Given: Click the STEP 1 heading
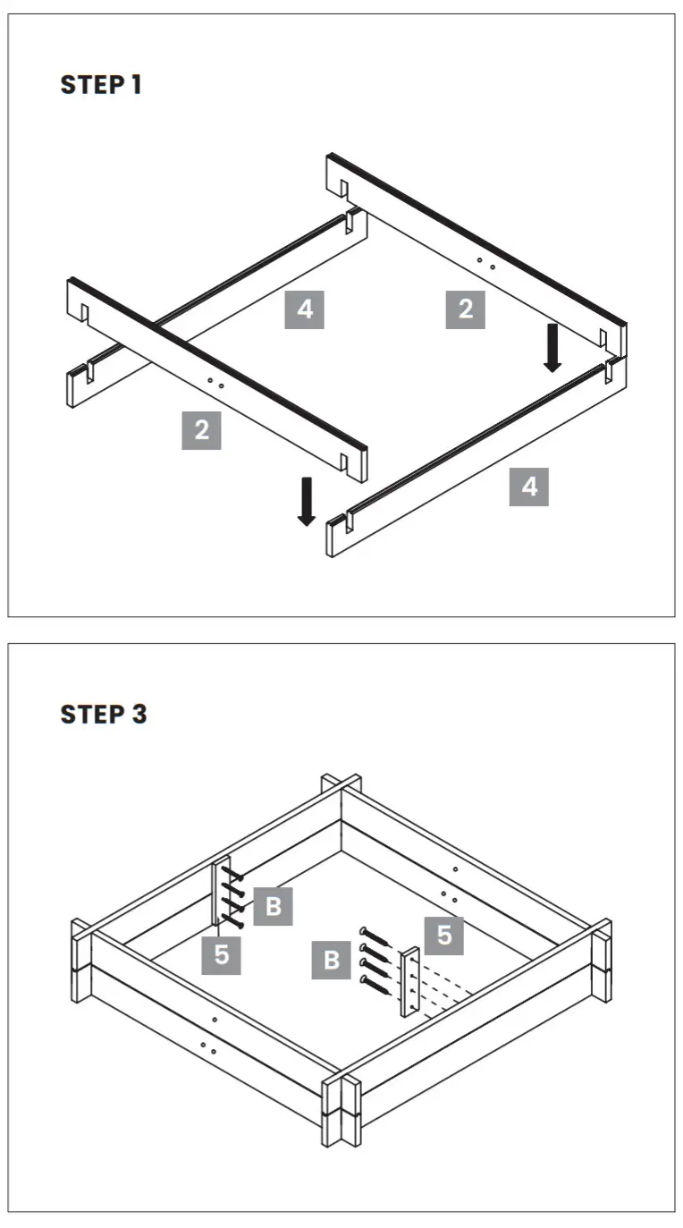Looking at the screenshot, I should coord(101,85).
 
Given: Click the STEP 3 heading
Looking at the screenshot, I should coord(103,715).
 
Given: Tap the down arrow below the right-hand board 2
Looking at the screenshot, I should coord(552,348).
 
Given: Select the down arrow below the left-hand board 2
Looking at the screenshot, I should coord(307,501).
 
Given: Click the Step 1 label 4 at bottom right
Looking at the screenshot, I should coord(529,487).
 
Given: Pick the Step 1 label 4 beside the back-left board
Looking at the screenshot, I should coord(305,310).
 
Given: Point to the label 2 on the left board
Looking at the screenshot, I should coord(201,430).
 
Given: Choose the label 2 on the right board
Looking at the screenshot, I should coord(465,310).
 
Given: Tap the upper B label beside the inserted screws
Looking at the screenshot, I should coord(274,906).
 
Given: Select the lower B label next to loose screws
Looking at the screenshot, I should coord(332,961).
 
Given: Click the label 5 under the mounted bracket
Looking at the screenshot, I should coord(221,954).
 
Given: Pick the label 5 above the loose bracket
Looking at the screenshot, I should coord(444,936).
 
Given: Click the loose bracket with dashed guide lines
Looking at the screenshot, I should coord(410,982).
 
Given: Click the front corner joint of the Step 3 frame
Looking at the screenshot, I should coord(341,1105).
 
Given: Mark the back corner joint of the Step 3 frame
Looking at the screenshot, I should coord(341,788).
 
